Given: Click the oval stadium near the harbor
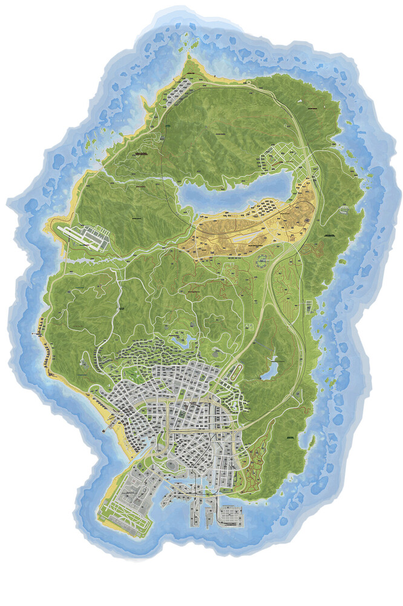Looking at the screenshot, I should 172,465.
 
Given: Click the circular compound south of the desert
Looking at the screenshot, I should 262,262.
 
